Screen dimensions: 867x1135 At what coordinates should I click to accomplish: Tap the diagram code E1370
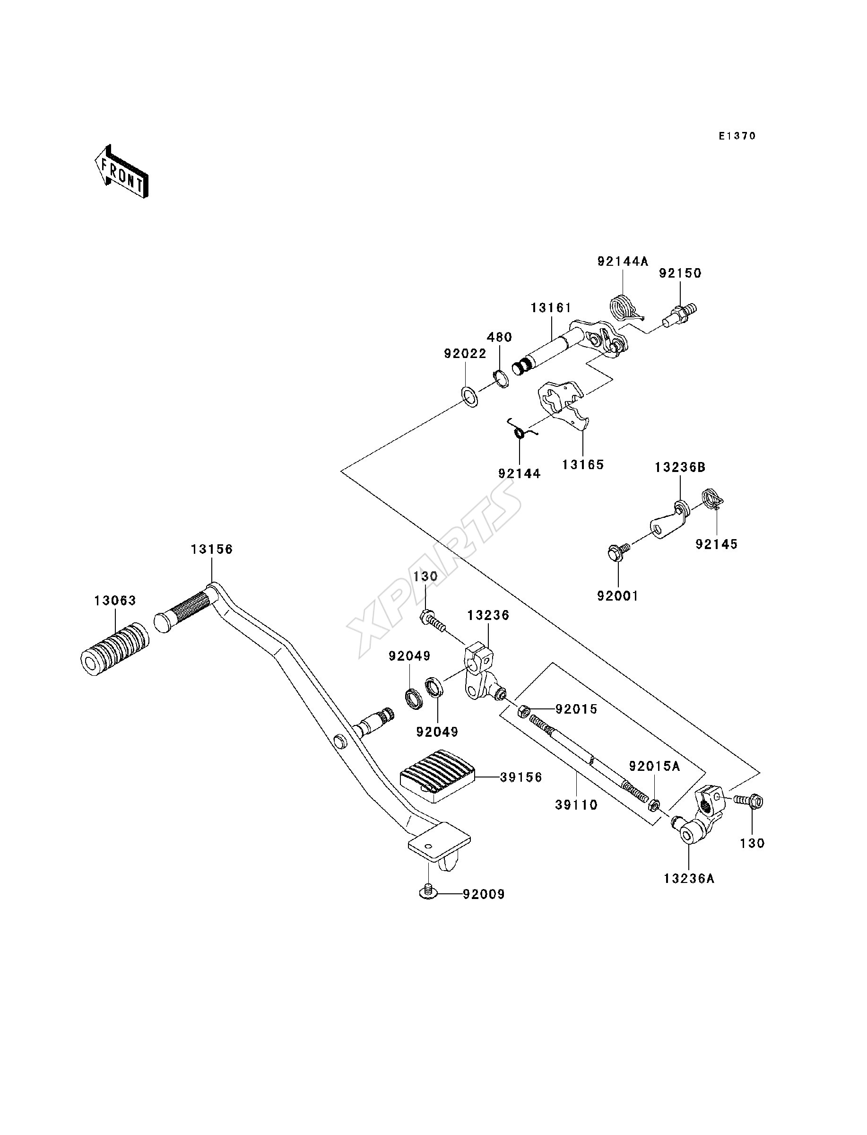tap(737, 136)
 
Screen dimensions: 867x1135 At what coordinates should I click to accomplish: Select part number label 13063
tap(115, 601)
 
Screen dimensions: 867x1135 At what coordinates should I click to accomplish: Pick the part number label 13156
tap(212, 550)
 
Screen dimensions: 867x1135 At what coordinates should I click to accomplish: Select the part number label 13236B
tap(680, 468)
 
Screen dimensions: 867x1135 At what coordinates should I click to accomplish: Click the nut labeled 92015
tap(522, 712)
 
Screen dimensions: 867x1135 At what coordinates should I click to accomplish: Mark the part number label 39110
tap(576, 805)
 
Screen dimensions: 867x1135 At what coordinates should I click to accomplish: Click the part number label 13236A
tap(689, 878)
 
